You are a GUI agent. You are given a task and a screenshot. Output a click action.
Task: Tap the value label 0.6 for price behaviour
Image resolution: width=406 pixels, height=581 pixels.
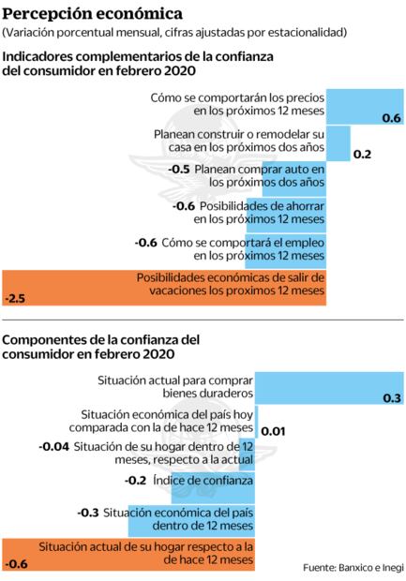tap(392, 117)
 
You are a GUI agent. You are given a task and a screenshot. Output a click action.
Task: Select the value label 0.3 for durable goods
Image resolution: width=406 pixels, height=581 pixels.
tap(392, 398)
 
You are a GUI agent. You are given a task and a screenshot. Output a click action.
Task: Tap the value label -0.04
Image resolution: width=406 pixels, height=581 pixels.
tap(54, 447)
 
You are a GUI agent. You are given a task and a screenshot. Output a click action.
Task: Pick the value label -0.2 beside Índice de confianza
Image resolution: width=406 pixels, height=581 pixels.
tap(136, 481)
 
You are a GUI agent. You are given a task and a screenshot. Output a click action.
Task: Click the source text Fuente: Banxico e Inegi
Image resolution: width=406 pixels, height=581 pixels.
tap(353, 568)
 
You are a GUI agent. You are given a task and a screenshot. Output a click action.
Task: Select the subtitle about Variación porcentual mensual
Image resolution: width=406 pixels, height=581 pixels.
tap(175, 33)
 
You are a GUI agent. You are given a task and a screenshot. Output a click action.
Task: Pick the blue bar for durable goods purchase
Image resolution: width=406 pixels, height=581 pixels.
tap(328, 388)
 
